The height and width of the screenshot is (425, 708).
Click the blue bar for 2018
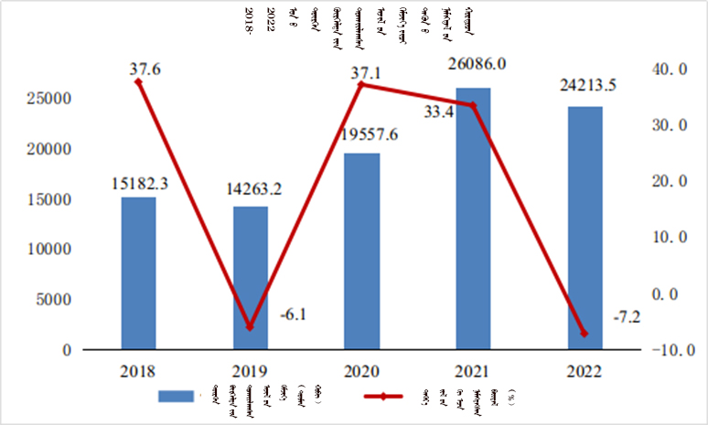[x=138, y=273]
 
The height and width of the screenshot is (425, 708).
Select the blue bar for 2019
[x=251, y=278]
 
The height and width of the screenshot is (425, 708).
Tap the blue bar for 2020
[x=361, y=251]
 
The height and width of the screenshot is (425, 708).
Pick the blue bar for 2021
[x=473, y=218]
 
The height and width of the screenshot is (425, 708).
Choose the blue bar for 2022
[x=585, y=228]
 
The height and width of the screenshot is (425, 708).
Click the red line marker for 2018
[x=138, y=81]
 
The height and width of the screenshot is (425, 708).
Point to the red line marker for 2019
[x=251, y=326]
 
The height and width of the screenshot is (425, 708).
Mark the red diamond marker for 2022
[x=585, y=333]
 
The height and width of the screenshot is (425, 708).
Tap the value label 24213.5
[x=588, y=86]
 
